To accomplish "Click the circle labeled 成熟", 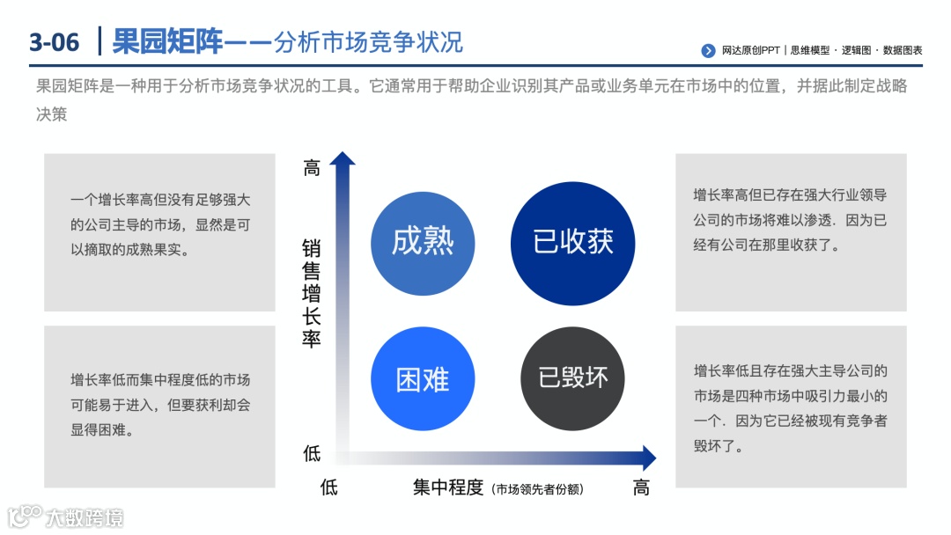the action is coord(423,241).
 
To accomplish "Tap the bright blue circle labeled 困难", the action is coord(423,379).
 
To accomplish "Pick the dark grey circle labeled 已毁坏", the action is coord(573,378).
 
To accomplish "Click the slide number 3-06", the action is coord(55,42).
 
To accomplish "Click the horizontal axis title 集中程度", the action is coord(448,487).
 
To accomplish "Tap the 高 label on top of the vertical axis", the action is coord(312,168).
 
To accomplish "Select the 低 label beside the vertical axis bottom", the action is coord(312,454).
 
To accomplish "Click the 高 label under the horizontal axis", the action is coord(641,487).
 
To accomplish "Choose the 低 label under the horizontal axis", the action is coord(328,487).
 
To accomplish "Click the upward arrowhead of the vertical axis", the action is coord(343,158).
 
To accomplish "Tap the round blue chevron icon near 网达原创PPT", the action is coord(708,51).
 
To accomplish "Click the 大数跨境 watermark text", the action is coord(85,517).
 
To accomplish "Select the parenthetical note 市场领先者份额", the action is coord(537,489).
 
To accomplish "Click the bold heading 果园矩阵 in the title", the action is coord(168,41).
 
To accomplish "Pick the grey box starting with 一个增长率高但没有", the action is coord(159,232).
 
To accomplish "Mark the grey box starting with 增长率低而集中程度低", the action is coord(159,407).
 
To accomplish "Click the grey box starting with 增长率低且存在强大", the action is coord(791,407).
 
